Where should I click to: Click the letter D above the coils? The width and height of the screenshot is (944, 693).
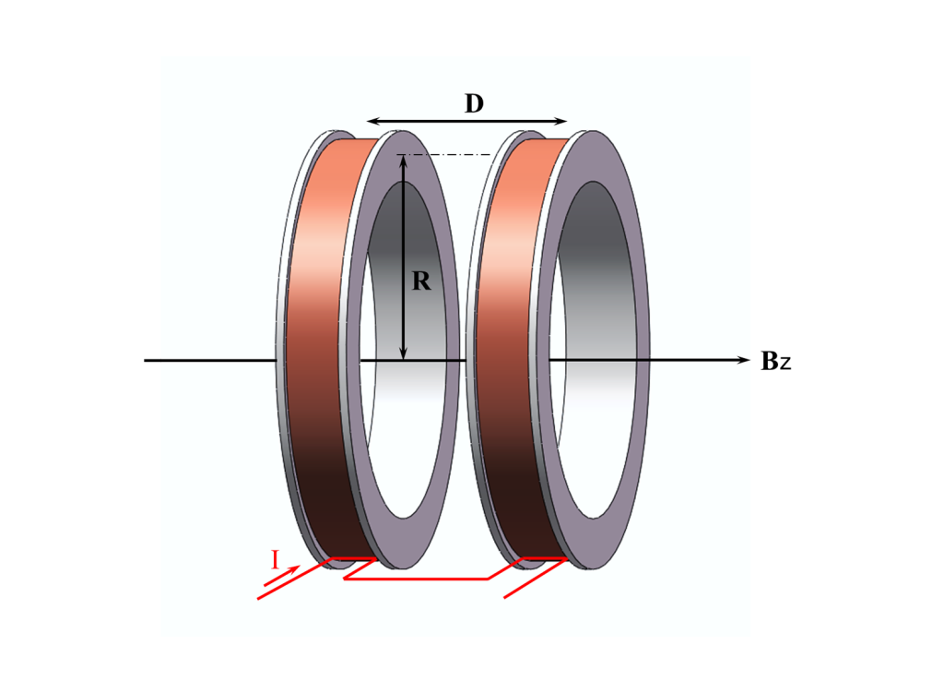(x=475, y=103)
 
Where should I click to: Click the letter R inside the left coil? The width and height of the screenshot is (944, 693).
(x=420, y=281)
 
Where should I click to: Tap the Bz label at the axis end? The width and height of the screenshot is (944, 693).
(x=776, y=361)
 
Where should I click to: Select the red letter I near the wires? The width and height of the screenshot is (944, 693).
(x=275, y=560)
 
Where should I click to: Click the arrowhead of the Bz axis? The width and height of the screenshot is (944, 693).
(x=744, y=360)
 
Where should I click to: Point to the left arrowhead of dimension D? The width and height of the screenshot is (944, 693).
(x=373, y=121)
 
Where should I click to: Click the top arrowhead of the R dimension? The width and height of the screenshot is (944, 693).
(x=404, y=161)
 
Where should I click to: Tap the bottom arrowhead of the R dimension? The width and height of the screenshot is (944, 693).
(x=404, y=353)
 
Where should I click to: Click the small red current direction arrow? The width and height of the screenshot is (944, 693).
(x=282, y=576)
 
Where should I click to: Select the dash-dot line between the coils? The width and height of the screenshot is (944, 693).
(x=444, y=155)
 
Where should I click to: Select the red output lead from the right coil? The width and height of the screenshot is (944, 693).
(x=536, y=578)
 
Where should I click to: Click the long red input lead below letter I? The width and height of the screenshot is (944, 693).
(x=295, y=579)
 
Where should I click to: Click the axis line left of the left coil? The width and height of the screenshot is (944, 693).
(x=210, y=361)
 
